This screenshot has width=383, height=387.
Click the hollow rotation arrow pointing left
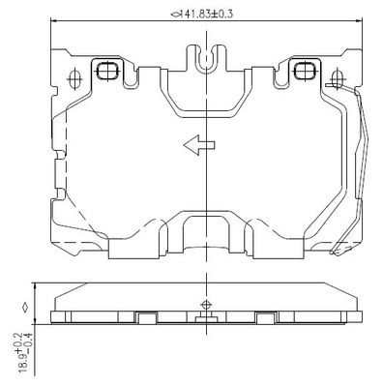tap(199, 145)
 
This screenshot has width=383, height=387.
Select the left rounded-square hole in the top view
tap(107, 71)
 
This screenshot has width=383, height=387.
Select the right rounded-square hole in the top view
tap(305, 71)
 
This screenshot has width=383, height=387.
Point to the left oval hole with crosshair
tap(74, 78)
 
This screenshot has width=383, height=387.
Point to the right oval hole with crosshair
tap(337, 78)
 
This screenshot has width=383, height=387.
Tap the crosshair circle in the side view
tap(206, 304)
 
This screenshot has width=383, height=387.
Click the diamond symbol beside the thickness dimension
tap(25, 308)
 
